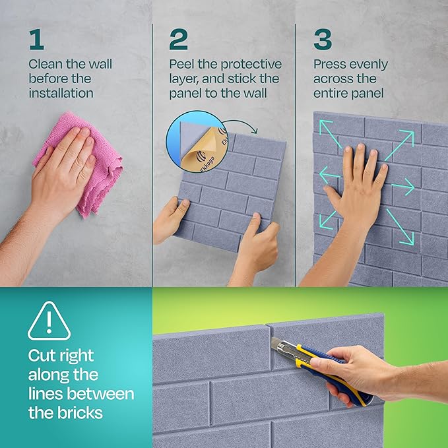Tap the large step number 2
click(178, 39)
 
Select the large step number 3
click(323, 39)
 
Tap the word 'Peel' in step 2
click(183, 65)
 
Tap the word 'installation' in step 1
click(61, 93)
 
